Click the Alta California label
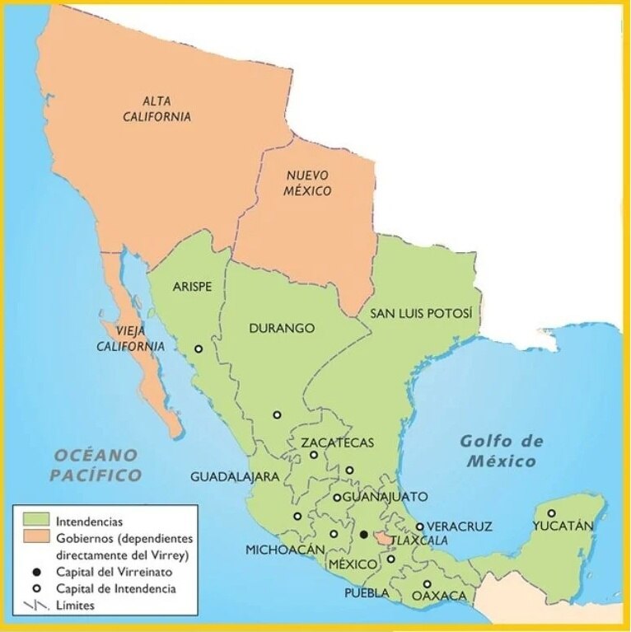166,109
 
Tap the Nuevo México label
309,183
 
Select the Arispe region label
193,287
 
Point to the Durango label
282,328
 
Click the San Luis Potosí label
421,314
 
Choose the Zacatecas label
337,442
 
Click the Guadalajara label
235,476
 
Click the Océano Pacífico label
96,465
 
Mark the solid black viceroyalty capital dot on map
363,535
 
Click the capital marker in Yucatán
551,513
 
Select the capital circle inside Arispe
199,349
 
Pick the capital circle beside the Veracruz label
419,527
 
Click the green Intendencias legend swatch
34,522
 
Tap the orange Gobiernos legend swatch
34,539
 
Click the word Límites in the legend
76,606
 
